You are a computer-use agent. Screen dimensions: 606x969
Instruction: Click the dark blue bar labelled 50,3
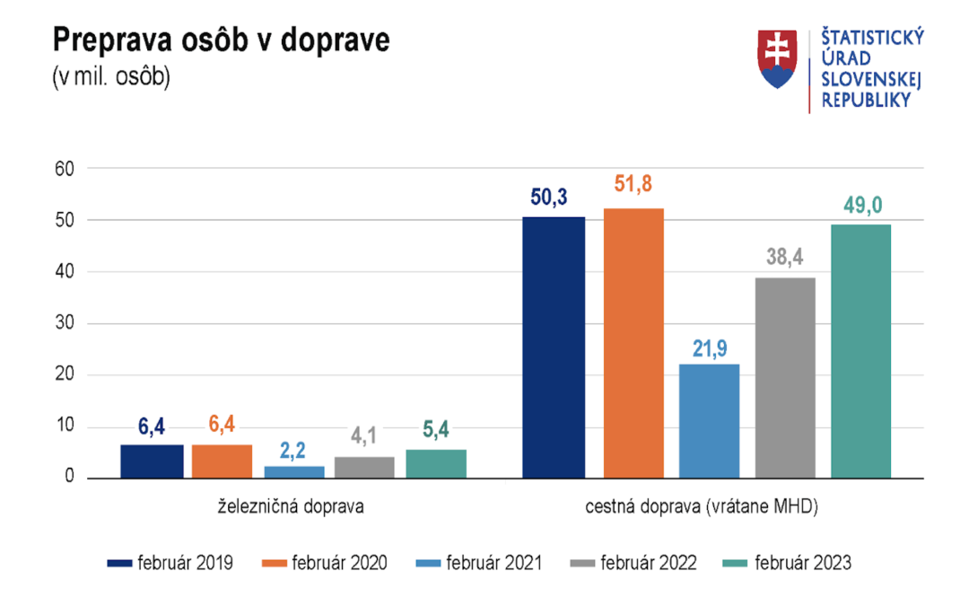point(554,347)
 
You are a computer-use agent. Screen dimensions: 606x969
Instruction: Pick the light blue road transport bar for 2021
point(709,420)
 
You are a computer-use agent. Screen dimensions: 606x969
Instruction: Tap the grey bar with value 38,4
point(785,377)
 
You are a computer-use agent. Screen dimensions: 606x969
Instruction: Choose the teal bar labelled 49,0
point(860,350)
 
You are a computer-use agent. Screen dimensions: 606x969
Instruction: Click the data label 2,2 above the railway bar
point(293,449)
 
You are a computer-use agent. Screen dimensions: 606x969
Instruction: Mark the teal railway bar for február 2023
point(436,463)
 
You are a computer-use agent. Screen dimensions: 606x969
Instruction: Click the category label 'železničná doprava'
point(293,507)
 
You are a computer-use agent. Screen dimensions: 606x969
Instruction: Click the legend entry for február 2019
point(170,564)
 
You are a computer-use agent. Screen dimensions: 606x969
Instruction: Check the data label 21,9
point(709,347)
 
